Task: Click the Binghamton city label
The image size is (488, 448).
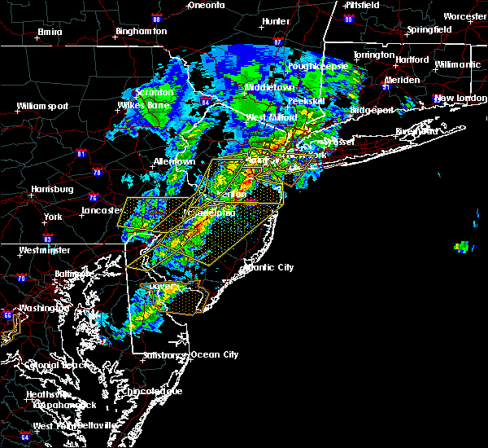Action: click(141, 31)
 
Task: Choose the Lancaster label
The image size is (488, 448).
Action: click(101, 211)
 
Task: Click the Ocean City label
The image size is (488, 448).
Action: click(215, 354)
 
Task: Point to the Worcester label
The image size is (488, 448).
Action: click(465, 16)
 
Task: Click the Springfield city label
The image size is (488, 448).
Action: click(430, 30)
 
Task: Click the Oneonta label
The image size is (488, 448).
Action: click(206, 5)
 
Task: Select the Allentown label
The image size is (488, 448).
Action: click(175, 161)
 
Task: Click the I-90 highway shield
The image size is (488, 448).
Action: click(348, 19)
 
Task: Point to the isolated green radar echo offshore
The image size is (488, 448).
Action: click(462, 246)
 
